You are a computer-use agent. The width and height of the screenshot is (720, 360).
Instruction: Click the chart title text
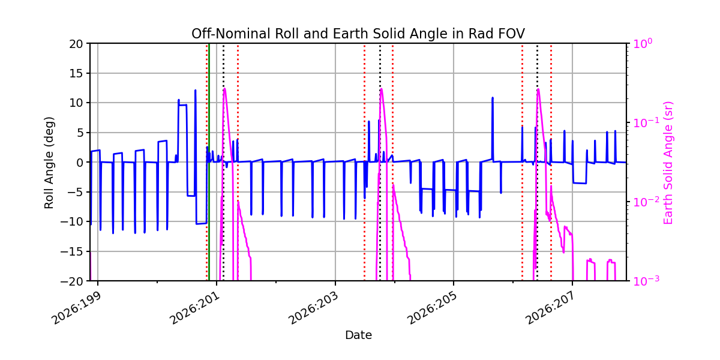point(358,34)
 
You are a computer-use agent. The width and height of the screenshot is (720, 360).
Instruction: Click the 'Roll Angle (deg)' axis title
point(49,163)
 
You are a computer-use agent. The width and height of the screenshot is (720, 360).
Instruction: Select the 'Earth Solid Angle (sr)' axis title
point(668,163)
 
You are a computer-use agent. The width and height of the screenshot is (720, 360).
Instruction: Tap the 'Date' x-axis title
point(358,335)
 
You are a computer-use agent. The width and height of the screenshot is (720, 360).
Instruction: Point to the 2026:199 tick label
point(77,308)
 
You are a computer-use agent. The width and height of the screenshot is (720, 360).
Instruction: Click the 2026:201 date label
point(195,308)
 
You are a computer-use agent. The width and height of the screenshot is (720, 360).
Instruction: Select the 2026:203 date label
point(314,308)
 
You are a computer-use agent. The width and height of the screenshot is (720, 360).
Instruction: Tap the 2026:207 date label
point(551,308)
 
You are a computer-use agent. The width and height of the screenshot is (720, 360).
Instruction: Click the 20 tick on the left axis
point(76,44)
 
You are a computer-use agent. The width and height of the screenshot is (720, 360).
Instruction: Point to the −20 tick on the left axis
point(71,281)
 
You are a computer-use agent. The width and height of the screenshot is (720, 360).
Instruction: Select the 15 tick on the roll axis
point(76,74)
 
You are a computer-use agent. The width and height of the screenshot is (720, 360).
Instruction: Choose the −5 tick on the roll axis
point(75,192)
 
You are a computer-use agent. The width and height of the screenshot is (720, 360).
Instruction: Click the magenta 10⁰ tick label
point(643,43)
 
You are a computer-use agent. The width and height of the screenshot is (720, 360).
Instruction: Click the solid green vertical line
point(209,163)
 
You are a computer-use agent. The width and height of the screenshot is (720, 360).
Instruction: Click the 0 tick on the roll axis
point(80,163)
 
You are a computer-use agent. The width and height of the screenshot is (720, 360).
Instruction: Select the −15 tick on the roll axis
point(71,251)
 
